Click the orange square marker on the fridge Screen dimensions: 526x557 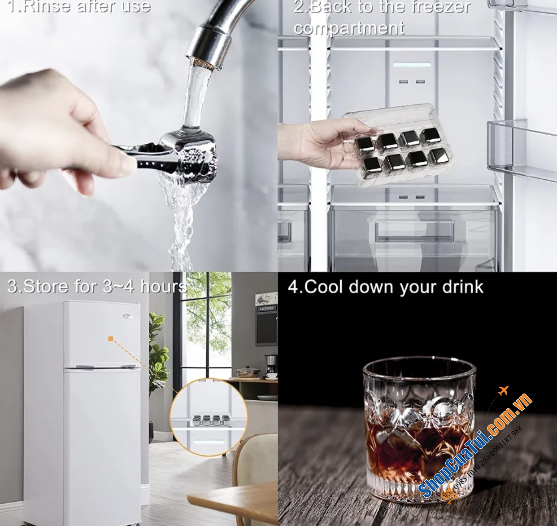(x=111, y=339)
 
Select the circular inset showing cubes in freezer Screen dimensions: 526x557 (x=209, y=416)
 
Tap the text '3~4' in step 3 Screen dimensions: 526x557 (x=118, y=287)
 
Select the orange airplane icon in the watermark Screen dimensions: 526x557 (x=503, y=390)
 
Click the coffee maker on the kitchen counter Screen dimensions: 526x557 (x=270, y=367)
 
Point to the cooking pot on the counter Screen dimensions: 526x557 (x=247, y=372)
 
